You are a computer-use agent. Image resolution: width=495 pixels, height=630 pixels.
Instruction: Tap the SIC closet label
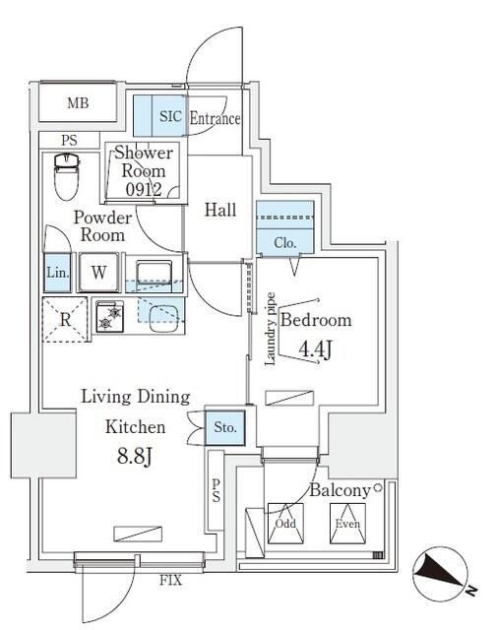pyautogui.click(x=170, y=117)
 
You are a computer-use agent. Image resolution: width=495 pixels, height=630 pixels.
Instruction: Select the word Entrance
pyautogui.click(x=214, y=119)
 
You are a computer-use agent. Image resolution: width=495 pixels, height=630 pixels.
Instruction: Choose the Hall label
pyautogui.click(x=219, y=210)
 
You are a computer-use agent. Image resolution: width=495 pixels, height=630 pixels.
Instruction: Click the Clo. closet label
pyautogui.click(x=285, y=242)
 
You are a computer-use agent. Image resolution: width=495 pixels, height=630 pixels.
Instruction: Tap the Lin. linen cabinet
pyautogui.click(x=56, y=273)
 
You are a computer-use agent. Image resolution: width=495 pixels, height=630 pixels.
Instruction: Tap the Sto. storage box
pyautogui.click(x=224, y=427)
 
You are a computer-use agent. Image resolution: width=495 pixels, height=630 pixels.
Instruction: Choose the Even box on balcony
pyautogui.click(x=344, y=523)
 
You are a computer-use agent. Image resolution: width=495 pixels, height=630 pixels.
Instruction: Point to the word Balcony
pyautogui.click(x=340, y=489)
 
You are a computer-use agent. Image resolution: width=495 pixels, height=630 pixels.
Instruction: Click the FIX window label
pyautogui.click(x=171, y=581)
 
